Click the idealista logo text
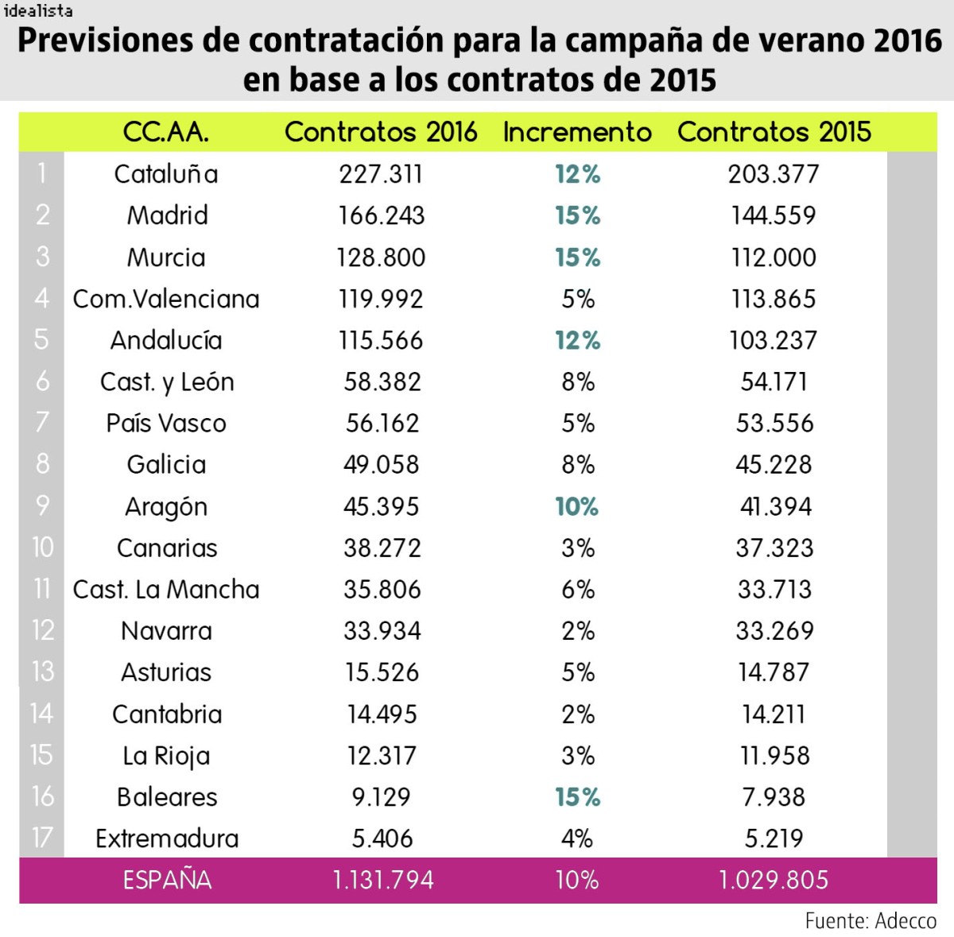pos(37,10)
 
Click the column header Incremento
pos(577,132)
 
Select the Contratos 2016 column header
pos(381,132)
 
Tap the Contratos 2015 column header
pos(774,132)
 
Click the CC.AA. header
pos(165,132)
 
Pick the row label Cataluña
pos(165,174)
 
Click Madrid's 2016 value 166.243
pos(382,215)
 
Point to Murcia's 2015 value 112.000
pos(774,257)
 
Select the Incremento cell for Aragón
pos(577,506)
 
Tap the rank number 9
pos(42,505)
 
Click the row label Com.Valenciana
pos(165,299)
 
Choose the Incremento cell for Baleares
pos(577,797)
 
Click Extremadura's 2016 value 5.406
pos(382,838)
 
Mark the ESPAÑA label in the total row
pos(167,880)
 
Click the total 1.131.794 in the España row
pos(382,880)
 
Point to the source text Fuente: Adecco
pos(870,920)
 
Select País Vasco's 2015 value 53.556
pos(774,423)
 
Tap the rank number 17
pos(41,838)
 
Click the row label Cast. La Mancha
pos(165,589)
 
